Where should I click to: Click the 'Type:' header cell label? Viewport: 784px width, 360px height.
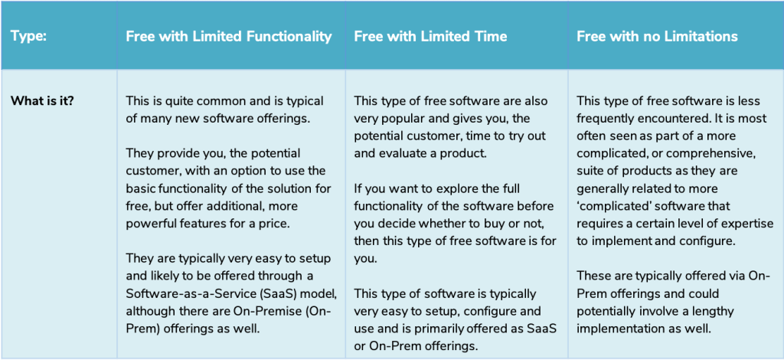[28, 37]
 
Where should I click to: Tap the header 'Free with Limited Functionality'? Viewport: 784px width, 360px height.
[228, 37]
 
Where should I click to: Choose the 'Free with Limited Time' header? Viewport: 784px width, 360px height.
[430, 37]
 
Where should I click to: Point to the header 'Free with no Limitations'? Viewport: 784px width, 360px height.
[657, 37]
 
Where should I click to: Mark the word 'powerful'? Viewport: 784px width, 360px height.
[148, 223]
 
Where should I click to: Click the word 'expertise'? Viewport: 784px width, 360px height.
[748, 223]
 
